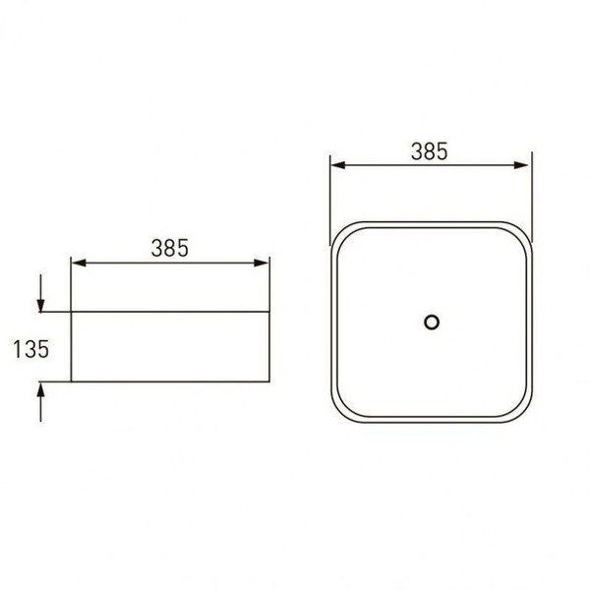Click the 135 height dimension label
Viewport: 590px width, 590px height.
[x=31, y=349]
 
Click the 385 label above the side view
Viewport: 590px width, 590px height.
[x=170, y=248]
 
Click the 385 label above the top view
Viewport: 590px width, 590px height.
[x=430, y=151]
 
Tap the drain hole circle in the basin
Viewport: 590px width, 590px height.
[x=432, y=323]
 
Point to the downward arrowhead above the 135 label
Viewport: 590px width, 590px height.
[x=40, y=305]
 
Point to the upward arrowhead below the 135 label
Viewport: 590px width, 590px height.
[x=40, y=388]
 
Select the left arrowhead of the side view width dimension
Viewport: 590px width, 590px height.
[x=79, y=263]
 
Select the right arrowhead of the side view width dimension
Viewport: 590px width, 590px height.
[x=262, y=263]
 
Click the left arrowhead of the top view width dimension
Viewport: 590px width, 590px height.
[x=338, y=165]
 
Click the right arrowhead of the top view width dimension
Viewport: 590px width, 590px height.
[x=521, y=165]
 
